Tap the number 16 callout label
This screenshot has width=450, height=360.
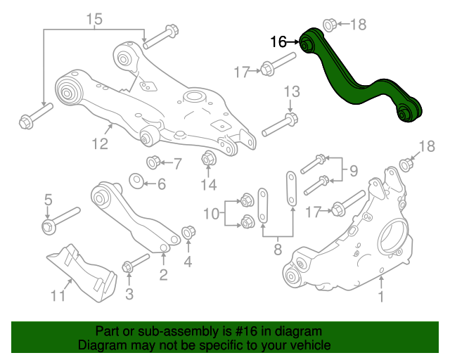click(x=278, y=43)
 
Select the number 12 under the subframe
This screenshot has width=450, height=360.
click(x=99, y=144)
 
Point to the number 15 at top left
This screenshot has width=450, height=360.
click(x=94, y=19)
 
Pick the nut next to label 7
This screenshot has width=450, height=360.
click(x=153, y=164)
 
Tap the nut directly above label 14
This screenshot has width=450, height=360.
click(x=208, y=158)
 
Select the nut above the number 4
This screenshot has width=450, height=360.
click(x=188, y=232)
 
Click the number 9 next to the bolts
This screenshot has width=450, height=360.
click(x=354, y=169)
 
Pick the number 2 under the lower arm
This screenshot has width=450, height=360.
click(x=163, y=274)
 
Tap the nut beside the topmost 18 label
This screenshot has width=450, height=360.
click(x=328, y=25)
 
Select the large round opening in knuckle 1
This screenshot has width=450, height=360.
click(x=394, y=238)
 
